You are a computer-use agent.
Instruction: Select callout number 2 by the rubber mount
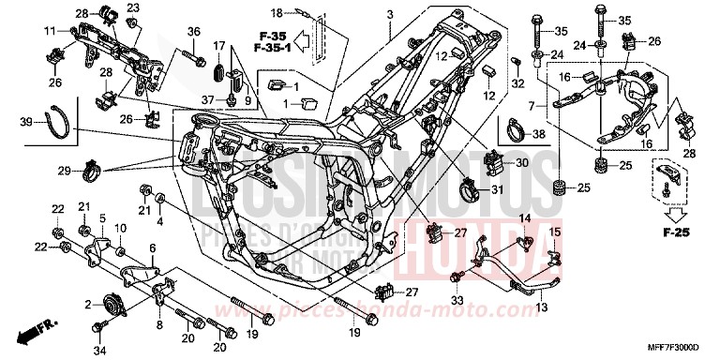[x=87, y=305]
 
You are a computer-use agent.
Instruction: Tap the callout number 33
[x=457, y=301]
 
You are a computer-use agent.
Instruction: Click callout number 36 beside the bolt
[x=194, y=33]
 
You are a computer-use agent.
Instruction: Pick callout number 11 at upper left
[x=49, y=31]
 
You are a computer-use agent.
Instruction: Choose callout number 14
[x=525, y=218]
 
